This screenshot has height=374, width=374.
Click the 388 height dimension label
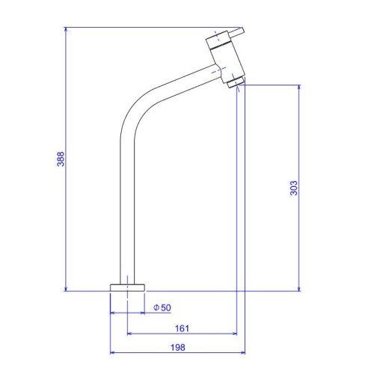(61, 159)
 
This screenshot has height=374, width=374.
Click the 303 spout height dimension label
(294, 188)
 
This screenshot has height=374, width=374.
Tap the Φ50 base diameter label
(162, 307)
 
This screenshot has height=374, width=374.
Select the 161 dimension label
(182, 328)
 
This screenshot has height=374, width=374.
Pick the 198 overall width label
(178, 347)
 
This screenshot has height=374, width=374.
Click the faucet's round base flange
(127, 287)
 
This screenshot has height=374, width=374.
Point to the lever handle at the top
(236, 32)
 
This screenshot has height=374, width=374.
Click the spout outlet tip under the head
(236, 82)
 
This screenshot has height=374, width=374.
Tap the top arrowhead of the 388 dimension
(66, 29)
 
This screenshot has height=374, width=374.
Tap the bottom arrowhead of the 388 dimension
(66, 289)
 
